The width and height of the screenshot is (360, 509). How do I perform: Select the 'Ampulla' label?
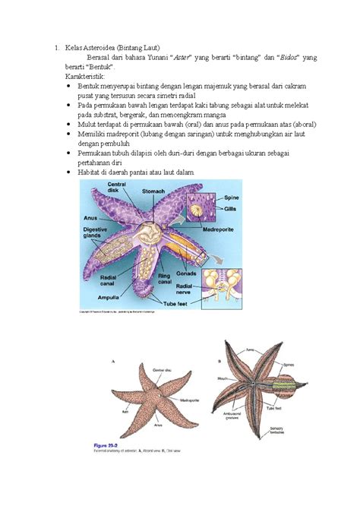[x=97, y=297]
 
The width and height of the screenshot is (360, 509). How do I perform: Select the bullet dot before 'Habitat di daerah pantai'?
[x=69, y=172]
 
